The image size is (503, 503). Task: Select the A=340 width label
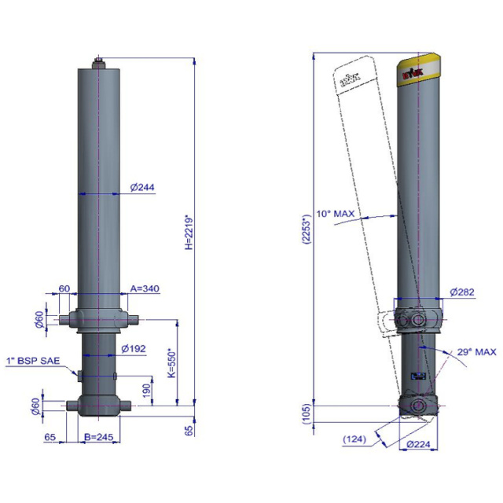(145, 288)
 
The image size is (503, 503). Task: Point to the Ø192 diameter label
(134, 348)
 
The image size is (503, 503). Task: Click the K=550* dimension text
(171, 363)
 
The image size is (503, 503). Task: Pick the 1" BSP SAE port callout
(37, 361)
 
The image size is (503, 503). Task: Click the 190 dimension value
(147, 389)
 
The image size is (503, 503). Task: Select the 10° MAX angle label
(334, 213)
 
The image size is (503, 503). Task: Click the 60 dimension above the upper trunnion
(64, 288)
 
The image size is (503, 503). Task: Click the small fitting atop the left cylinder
(99, 61)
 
